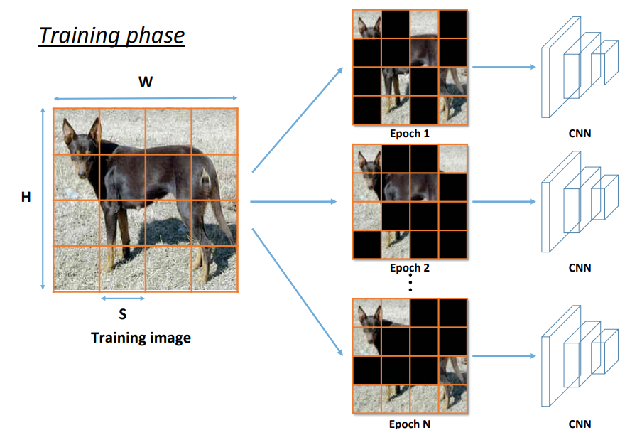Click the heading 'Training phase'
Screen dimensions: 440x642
pyautogui.click(x=111, y=35)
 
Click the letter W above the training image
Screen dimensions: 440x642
pyautogui.click(x=146, y=82)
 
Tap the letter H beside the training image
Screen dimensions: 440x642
pyautogui.click(x=26, y=197)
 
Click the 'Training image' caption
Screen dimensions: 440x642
pyautogui.click(x=141, y=337)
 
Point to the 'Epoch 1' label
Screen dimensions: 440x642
pyautogui.click(x=410, y=133)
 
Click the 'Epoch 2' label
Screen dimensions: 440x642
pyautogui.click(x=410, y=268)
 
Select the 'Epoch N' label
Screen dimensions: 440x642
pyautogui.click(x=410, y=424)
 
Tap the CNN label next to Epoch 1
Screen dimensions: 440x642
pyautogui.click(x=580, y=133)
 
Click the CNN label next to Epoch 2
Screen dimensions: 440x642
pyautogui.click(x=580, y=268)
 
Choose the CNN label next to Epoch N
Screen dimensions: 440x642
pyautogui.click(x=580, y=424)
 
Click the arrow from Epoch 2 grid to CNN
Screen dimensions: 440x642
pyautogui.click(x=504, y=202)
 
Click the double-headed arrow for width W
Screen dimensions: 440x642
pyautogui.click(x=146, y=99)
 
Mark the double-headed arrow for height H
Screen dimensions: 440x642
pyautogui.click(x=43, y=199)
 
